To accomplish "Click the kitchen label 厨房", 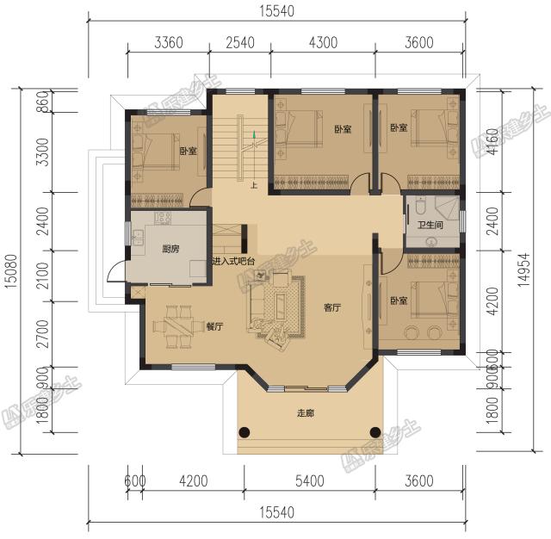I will [170, 250].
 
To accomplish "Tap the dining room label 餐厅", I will [215, 327].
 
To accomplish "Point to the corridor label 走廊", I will [306, 413].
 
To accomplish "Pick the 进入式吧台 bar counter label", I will [236, 259].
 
